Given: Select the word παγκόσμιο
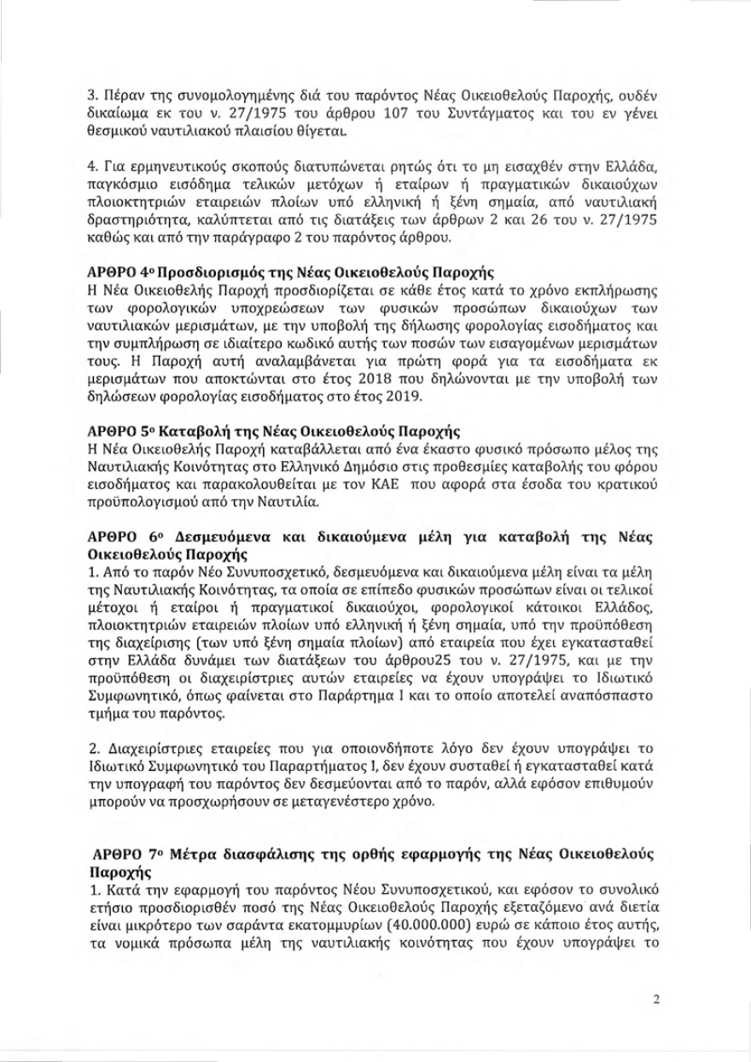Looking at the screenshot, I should point(119,183).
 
